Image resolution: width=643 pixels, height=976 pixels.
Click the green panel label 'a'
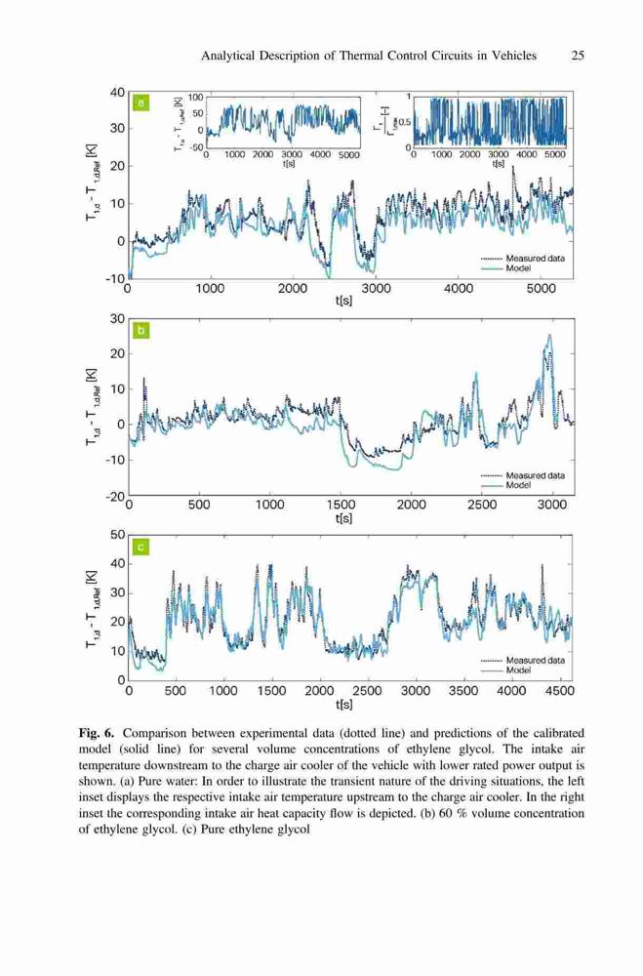point(141,102)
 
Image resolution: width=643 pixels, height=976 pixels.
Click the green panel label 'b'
point(141,330)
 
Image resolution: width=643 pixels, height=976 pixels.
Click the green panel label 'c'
point(141,548)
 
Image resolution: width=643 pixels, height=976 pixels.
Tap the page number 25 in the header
point(578,56)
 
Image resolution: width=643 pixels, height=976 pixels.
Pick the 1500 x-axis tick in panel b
point(341,505)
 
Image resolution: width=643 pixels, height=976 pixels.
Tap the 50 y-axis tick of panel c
point(116,535)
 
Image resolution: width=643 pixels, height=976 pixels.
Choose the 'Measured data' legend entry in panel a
point(536,259)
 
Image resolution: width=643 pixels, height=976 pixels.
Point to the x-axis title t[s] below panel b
point(343,518)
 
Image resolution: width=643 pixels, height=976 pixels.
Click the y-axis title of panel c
point(92,608)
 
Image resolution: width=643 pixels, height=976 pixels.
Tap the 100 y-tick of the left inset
point(195,98)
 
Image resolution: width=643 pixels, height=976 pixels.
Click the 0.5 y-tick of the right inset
point(405,122)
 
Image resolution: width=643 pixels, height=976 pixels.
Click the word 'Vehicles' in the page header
point(513,56)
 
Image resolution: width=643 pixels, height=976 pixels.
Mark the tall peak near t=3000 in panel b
point(549,335)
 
